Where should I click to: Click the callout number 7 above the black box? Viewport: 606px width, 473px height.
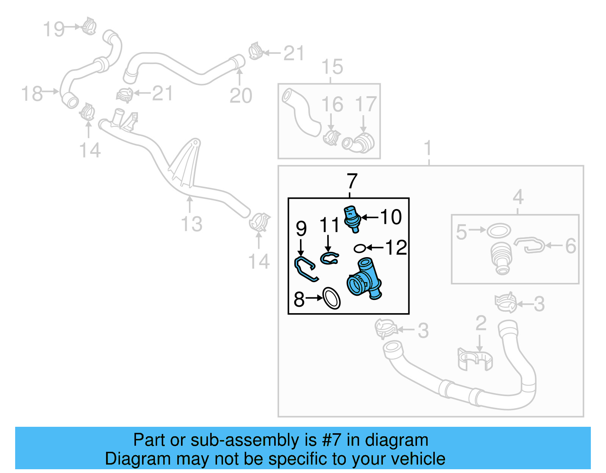point(352,181)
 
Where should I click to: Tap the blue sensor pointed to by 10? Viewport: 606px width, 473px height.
point(352,219)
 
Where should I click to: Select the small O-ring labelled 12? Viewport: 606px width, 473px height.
point(359,248)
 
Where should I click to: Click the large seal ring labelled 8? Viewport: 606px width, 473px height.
point(332,298)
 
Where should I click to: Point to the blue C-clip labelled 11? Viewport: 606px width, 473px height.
point(329,259)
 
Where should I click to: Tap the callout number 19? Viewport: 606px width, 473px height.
point(54,29)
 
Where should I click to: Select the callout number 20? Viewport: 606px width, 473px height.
point(241,95)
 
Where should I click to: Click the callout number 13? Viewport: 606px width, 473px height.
point(192,224)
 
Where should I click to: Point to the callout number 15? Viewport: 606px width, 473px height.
point(332,67)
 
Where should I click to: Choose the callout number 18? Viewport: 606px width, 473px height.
point(32,94)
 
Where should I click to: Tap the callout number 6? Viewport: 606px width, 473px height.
point(570,246)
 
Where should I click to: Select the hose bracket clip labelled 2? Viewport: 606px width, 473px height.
point(475,359)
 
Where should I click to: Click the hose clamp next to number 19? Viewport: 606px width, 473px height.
point(89,26)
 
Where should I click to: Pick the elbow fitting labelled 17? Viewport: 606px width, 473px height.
point(359,143)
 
